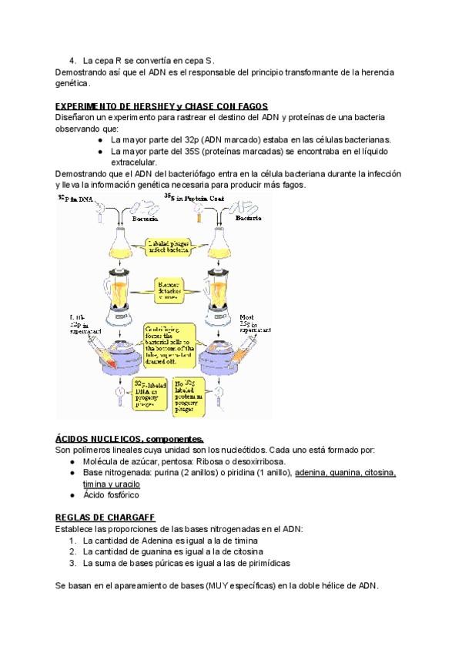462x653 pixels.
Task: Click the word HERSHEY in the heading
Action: click(x=150, y=105)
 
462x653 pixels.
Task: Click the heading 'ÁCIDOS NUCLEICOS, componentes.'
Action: click(x=119, y=438)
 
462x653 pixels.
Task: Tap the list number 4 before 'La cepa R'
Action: click(x=72, y=60)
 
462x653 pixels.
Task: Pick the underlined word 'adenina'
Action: click(x=310, y=473)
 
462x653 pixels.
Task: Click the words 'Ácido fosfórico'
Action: click(x=111, y=495)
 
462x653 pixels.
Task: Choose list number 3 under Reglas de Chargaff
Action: click(x=72, y=563)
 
